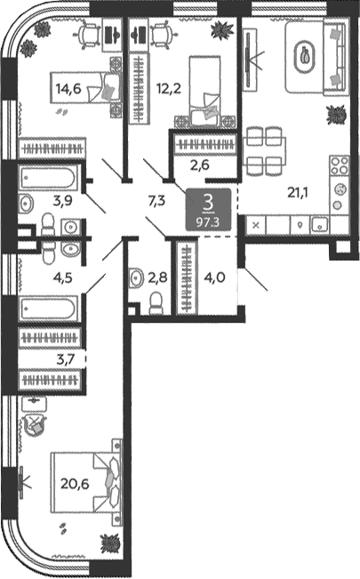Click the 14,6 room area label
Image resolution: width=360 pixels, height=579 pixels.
tap(68, 89)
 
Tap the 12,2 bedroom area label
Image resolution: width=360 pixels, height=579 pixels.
tap(169, 89)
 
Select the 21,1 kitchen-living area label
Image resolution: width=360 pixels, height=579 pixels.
tap(298, 192)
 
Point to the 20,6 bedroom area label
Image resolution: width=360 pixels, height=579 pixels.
tap(75, 483)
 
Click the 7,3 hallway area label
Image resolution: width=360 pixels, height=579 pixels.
tap(156, 202)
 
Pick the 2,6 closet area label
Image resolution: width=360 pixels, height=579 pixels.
tap(200, 165)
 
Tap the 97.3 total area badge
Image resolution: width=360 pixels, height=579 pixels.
tap(208, 222)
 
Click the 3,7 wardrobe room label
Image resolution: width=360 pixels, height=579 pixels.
tap(66, 359)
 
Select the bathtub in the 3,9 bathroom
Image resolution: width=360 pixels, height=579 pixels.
tap(49, 178)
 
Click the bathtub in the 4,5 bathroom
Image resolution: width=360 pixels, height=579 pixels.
tap(49, 308)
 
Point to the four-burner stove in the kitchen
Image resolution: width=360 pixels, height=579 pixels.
tap(340, 165)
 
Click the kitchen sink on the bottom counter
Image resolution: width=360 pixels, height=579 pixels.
tap(320, 224)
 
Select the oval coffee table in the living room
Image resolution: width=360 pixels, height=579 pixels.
tap(305, 57)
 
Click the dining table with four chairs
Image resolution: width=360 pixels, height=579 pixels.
tap(264, 150)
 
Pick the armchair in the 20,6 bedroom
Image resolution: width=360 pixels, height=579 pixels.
tap(35, 424)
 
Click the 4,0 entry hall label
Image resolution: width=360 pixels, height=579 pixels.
tap(215, 277)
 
